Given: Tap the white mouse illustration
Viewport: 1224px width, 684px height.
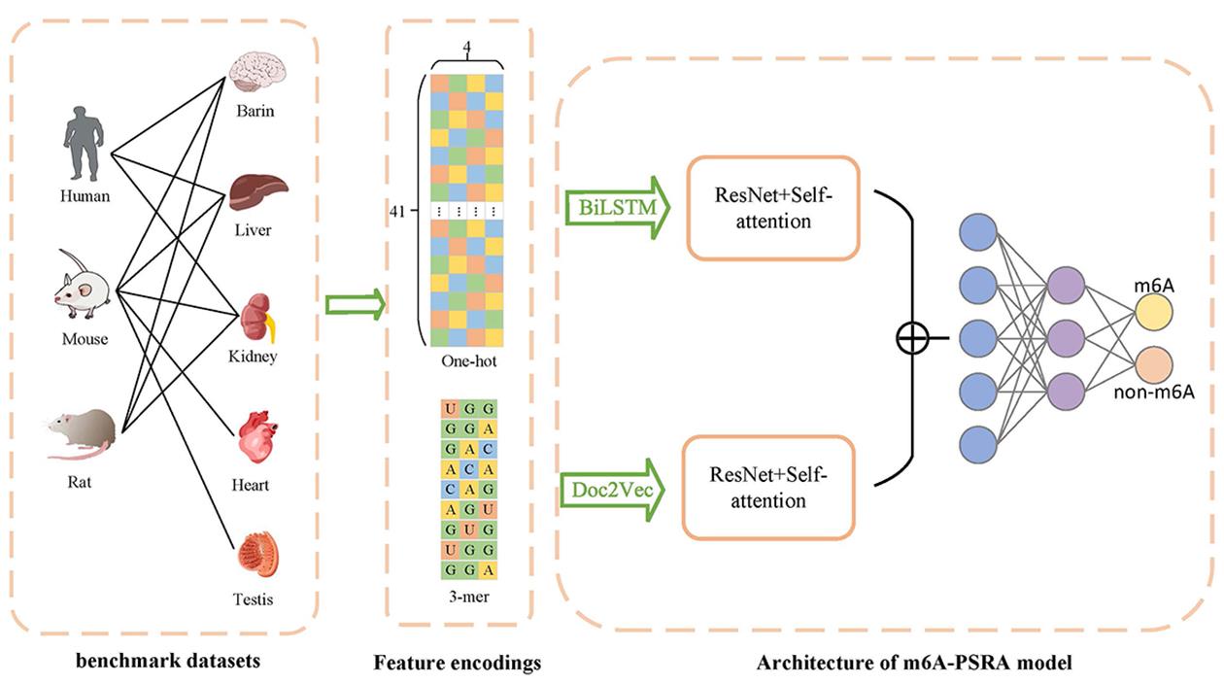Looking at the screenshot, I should [84, 286].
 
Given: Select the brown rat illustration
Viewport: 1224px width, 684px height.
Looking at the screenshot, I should [82, 432].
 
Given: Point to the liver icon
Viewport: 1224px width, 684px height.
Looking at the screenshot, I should [257, 189].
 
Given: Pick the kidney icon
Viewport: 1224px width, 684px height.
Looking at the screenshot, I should [257, 317].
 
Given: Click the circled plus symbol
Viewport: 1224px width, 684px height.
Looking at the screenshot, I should [912, 338].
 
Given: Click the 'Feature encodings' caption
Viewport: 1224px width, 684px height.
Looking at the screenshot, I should [457, 664].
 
